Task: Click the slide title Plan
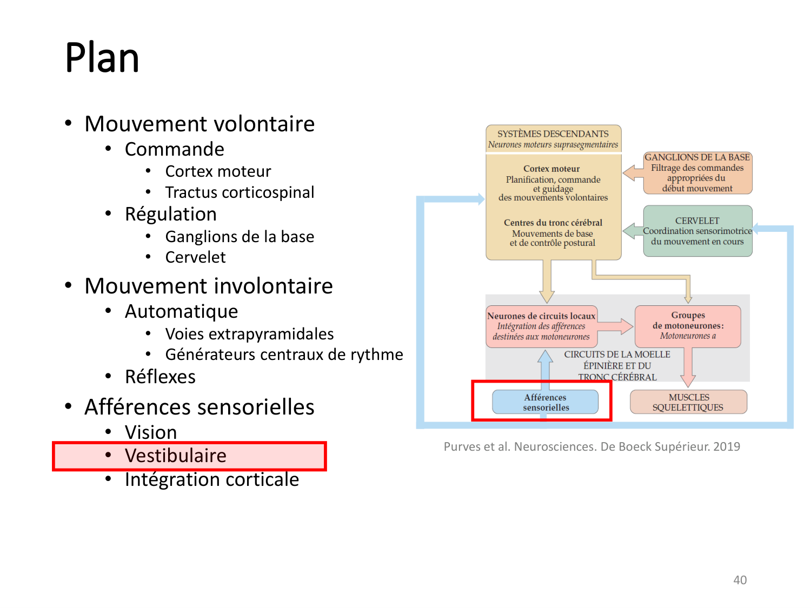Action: tap(102, 58)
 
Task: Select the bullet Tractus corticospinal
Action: tap(240, 192)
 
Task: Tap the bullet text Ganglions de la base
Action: tap(240, 237)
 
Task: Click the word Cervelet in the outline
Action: tap(195, 257)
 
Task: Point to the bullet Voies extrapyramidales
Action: tap(249, 334)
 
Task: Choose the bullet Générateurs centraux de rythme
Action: tap(284, 355)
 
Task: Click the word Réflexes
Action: tap(160, 377)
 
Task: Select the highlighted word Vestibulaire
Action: tap(176, 456)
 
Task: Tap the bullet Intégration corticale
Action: tap(211, 479)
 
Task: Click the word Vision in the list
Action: tap(151, 432)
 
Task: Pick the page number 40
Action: tap(740, 580)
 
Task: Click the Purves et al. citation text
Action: tap(591, 446)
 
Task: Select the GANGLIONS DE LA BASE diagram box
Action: tap(697, 173)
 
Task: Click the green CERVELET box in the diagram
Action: tap(697, 231)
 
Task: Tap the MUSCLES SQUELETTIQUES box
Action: tap(688, 402)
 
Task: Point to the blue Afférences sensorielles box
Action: tap(545, 402)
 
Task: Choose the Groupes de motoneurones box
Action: tap(688, 326)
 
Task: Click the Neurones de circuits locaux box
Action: tap(541, 326)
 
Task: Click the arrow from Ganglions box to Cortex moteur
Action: tap(632, 173)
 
